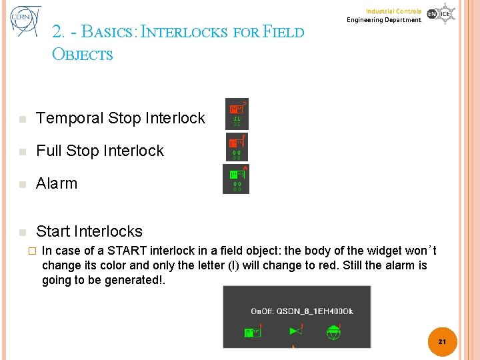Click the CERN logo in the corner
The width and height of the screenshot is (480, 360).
click(25, 22)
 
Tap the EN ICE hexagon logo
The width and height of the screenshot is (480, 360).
click(441, 14)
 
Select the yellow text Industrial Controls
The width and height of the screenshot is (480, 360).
click(393, 11)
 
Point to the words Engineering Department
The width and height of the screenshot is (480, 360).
click(384, 20)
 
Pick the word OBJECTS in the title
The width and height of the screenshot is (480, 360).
click(83, 55)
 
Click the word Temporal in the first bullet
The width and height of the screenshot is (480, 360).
click(69, 119)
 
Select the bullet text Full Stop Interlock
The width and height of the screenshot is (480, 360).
click(100, 151)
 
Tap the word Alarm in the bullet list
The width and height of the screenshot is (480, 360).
click(57, 183)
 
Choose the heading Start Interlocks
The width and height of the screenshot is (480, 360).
click(89, 231)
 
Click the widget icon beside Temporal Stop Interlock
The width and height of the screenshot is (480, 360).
click(237, 114)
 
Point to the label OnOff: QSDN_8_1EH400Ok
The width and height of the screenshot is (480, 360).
click(301, 311)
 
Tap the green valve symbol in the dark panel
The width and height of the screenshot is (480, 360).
click(295, 331)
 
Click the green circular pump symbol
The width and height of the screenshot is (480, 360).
click(333, 332)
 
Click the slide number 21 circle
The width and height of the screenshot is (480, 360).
click(441, 341)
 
